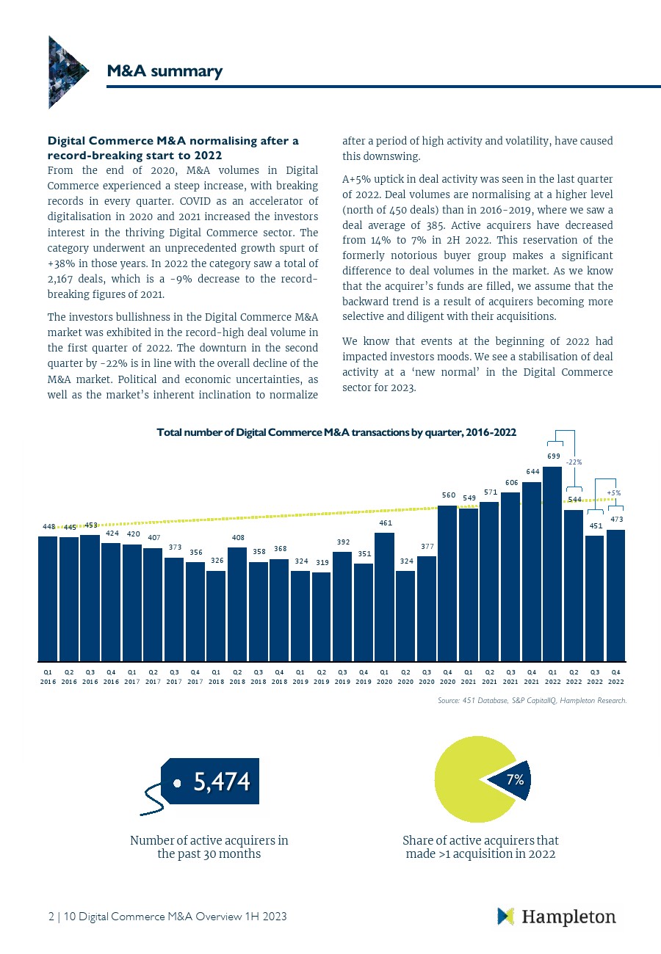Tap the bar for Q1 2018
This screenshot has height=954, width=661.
click(216, 616)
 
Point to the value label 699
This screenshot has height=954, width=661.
click(554, 456)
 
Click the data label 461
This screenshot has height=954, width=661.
click(385, 523)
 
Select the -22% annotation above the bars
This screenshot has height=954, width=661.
click(574, 462)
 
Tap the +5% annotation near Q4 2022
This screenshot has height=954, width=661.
click(614, 492)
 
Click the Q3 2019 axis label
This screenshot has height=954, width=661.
click(342, 676)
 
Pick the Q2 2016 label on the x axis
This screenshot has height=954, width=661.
click(69, 676)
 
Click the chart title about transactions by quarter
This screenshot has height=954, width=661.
click(336, 433)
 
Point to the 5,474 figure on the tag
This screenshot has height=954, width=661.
click(221, 782)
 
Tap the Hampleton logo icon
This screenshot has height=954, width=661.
click(506, 916)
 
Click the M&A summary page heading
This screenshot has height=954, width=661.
click(164, 71)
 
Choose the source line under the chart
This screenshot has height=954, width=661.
click(532, 702)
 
